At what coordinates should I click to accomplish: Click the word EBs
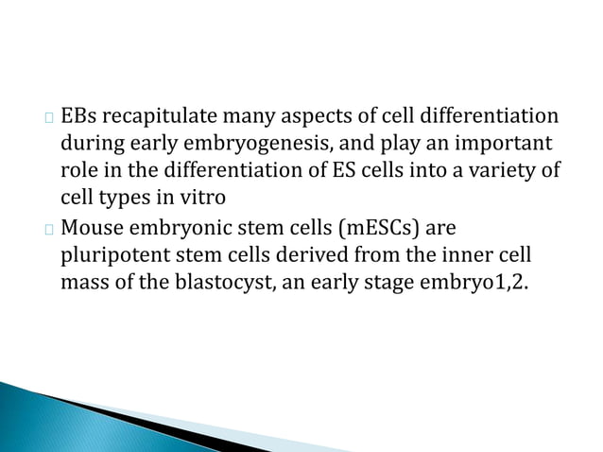(x=78, y=118)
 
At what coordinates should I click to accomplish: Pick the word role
(x=78, y=172)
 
